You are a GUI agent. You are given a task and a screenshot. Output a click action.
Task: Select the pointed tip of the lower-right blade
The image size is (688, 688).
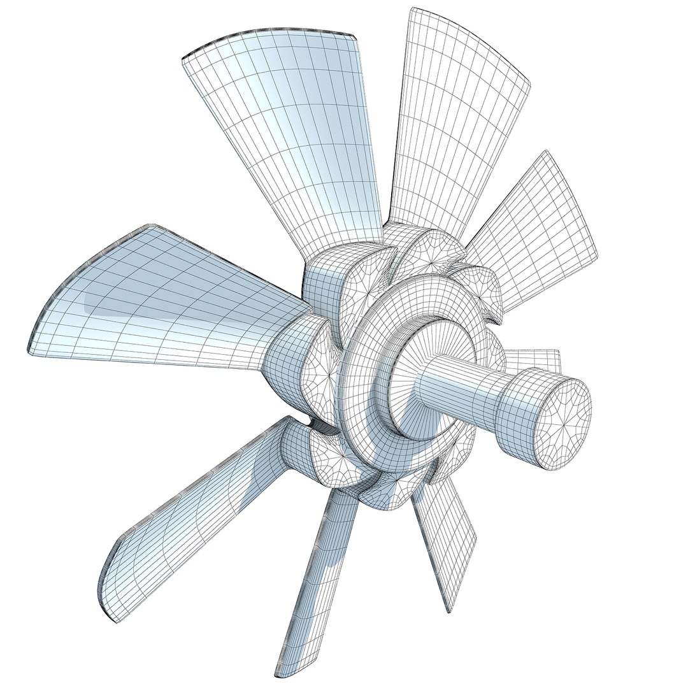(x=450, y=608)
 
